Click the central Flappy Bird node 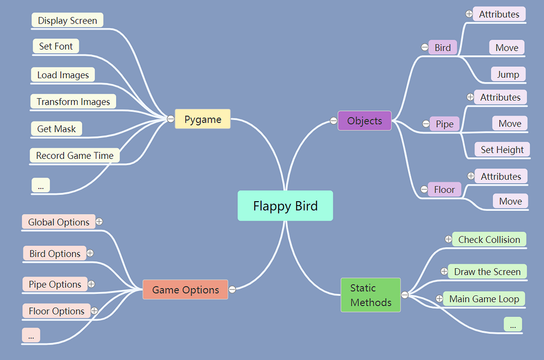285,206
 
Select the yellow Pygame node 203,119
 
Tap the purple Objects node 365,121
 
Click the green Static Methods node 371,295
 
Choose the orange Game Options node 185,290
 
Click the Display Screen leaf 68,20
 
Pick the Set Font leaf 56,46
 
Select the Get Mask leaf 57,129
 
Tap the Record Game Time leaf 75,155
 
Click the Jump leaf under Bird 508,74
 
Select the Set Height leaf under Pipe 502,150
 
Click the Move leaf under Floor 510,201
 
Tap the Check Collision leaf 489,240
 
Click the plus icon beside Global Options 99,222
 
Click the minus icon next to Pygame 170,119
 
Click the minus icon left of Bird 425,47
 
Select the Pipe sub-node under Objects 444,124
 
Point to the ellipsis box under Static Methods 513,325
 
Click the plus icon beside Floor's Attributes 471,176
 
